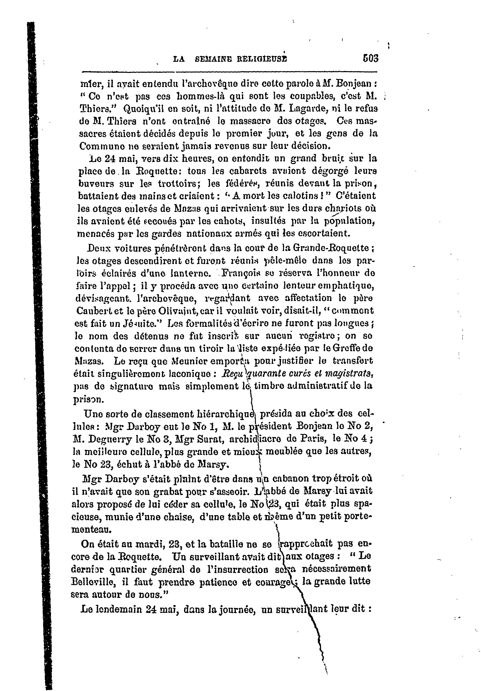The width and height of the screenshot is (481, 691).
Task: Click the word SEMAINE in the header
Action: [x=212, y=59]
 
